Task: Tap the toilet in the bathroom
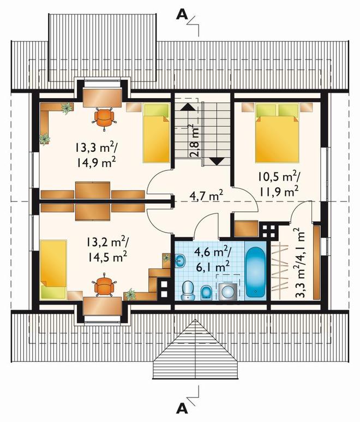[188, 290]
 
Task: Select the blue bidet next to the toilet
[207, 292]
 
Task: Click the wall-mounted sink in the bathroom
[180, 261]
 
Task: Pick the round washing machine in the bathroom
[228, 292]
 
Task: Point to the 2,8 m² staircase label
[195, 140]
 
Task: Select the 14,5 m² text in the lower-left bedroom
[107, 257]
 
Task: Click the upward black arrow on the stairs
[188, 107]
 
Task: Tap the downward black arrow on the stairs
[217, 161]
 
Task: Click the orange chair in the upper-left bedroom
[104, 117]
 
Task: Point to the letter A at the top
[182, 15]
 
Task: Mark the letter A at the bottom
[182, 409]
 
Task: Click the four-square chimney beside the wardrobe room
[268, 230]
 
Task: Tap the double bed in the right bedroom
[277, 133]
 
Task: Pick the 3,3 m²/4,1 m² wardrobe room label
[300, 263]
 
